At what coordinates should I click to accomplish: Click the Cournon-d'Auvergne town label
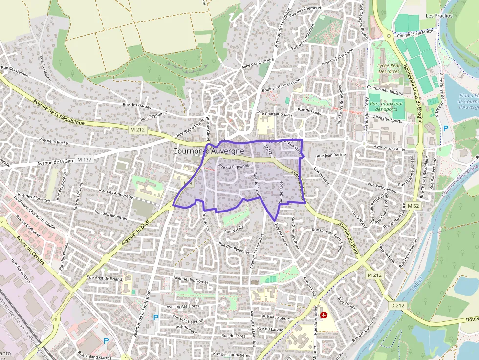tap(208, 151)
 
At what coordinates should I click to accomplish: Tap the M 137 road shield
tap(84, 160)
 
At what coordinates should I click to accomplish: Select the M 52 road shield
tap(413, 206)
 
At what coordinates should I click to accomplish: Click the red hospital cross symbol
tap(324, 315)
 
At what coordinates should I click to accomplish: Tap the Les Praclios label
tap(439, 16)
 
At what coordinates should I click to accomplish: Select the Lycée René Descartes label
tap(389, 68)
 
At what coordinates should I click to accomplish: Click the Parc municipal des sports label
tap(387, 106)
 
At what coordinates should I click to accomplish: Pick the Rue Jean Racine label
tap(331, 155)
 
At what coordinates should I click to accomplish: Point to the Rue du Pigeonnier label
tap(235, 166)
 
